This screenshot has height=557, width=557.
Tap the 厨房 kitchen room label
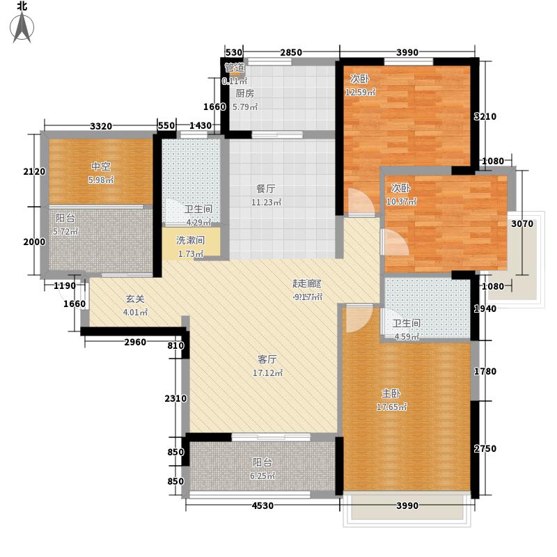[244, 93]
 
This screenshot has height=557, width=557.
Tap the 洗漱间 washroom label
[189, 240]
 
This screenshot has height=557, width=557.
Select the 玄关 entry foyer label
[135, 299]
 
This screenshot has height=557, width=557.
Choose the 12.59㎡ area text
[361, 92]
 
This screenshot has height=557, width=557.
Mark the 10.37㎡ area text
[401, 202]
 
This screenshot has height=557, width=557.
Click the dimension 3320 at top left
[101, 126]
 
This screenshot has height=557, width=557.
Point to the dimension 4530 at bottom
[262, 505]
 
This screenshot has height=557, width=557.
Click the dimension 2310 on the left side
[175, 398]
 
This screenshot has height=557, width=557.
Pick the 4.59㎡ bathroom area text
[407, 338]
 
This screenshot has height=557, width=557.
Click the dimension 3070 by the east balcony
[522, 223]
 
